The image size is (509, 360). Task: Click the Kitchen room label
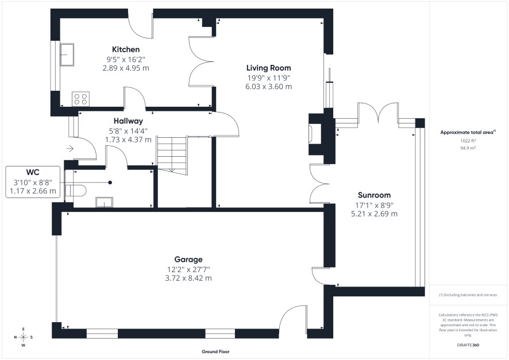(126, 49)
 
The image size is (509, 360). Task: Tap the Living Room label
(268, 68)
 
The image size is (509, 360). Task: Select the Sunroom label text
(374, 195)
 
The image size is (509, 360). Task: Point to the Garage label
(188, 259)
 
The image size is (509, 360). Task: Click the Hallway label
(128, 121)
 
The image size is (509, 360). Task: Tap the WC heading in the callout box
(33, 172)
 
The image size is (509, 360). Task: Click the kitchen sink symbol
(67, 55)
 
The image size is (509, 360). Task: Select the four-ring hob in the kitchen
(80, 99)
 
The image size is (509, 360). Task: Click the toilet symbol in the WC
(75, 191)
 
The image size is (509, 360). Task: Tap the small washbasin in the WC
(104, 202)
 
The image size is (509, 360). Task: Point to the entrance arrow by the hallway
(70, 149)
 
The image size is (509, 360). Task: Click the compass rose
(24, 337)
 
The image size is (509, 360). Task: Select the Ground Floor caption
(215, 351)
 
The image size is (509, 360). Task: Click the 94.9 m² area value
(468, 148)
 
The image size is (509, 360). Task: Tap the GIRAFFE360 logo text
(468, 344)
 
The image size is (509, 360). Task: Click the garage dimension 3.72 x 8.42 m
(188, 278)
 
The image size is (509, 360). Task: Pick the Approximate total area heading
(468, 132)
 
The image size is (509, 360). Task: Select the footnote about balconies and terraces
(468, 295)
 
